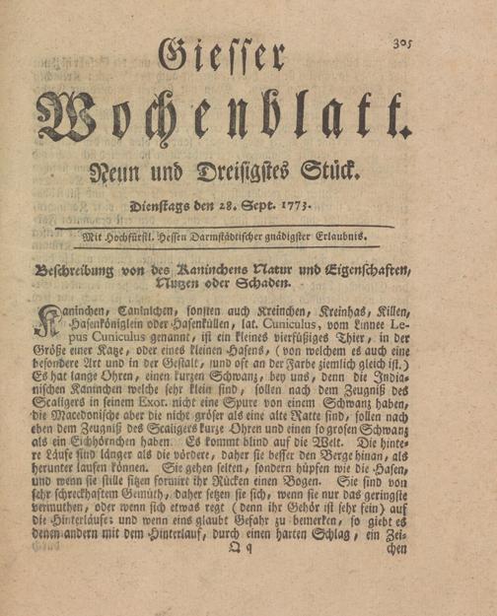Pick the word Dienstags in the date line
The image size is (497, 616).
point(162,208)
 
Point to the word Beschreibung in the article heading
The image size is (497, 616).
point(76,269)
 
